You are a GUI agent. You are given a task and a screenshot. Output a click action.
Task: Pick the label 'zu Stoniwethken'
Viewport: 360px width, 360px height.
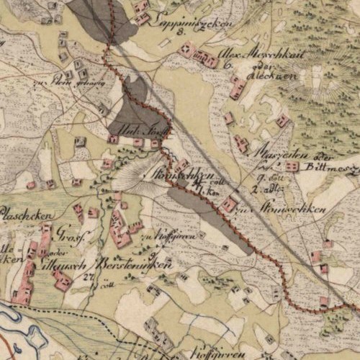pyautogui.click(x=287, y=210)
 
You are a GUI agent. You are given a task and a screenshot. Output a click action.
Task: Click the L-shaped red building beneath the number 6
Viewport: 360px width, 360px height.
pyautogui.click(x=236, y=88)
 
